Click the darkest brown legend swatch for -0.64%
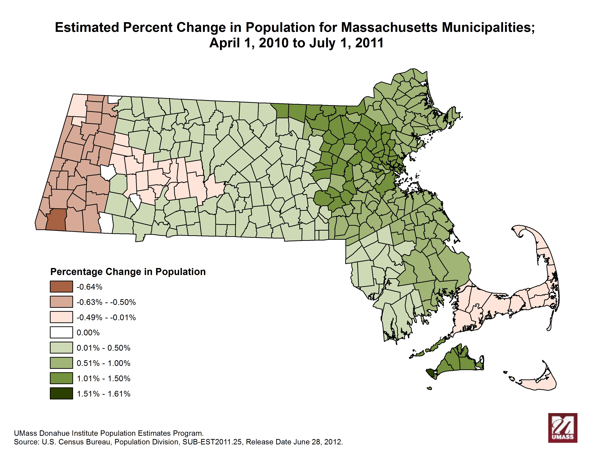point(61,287)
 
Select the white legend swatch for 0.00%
point(61,332)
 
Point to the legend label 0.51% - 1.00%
point(103,363)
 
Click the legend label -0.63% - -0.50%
point(106,302)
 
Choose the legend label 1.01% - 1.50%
point(103,379)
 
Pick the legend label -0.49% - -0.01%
point(106,317)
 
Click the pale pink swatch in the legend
point(61,317)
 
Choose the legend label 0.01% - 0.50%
point(103,348)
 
